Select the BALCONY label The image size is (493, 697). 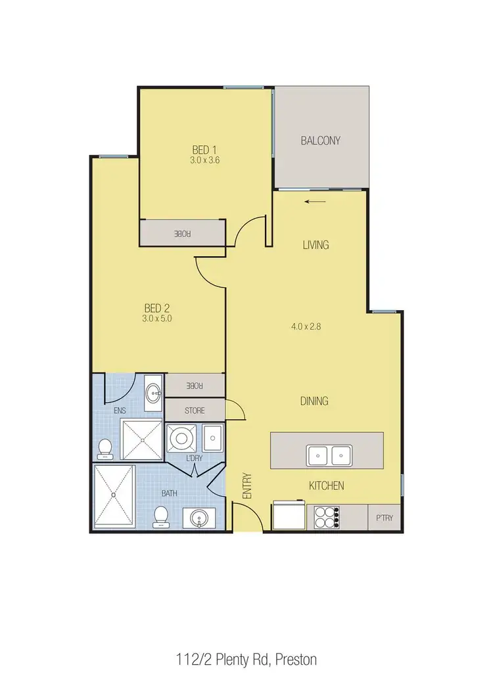pos(321,140)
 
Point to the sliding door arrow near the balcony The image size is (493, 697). pos(316,202)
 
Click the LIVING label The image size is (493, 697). pos(316,245)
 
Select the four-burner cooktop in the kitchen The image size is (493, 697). pos(327,516)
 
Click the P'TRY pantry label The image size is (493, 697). pos(384,518)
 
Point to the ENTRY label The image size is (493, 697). pos(248,487)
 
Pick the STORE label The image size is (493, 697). pos(195,411)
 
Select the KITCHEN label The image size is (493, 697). pos(327,486)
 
